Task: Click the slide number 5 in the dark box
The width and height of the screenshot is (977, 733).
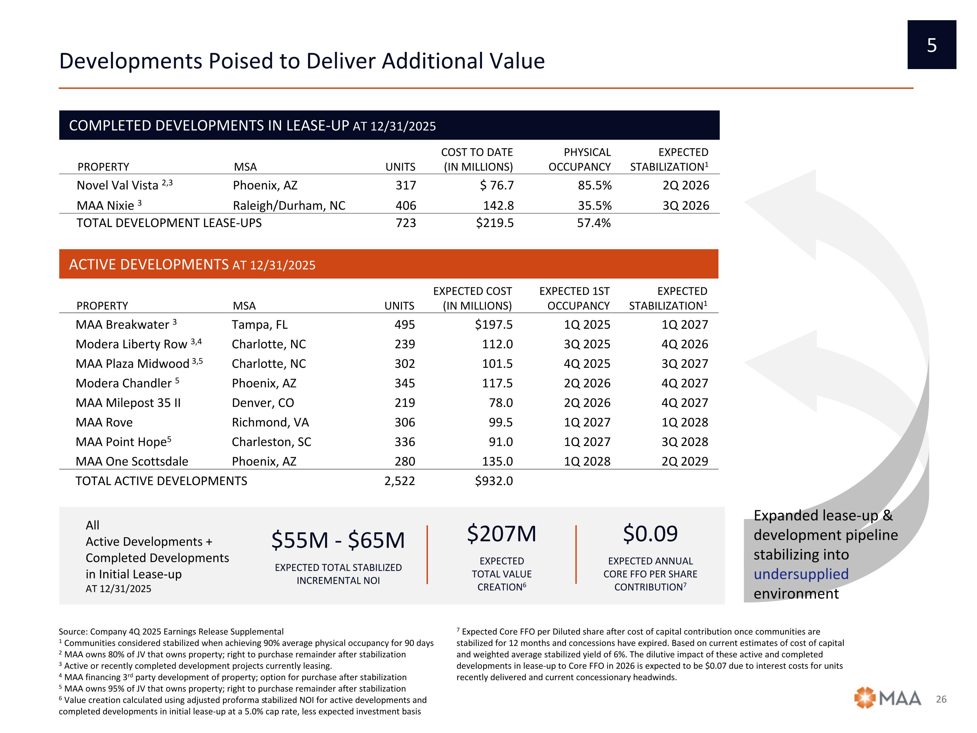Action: [931, 45]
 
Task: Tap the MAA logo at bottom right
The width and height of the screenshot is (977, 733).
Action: [887, 698]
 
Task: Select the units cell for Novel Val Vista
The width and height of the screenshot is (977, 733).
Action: [405, 185]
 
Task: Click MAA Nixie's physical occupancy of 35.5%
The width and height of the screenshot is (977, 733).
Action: [594, 206]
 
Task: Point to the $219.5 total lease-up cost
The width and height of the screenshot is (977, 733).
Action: [495, 223]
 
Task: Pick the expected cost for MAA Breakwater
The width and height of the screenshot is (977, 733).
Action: [493, 325]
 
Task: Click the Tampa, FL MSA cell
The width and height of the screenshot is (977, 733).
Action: [260, 325]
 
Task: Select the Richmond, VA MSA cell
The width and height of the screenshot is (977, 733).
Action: [270, 423]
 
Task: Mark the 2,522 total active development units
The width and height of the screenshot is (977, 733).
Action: [399, 481]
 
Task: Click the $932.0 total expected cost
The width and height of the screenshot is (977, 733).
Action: [493, 481]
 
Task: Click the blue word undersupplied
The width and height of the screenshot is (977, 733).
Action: [801, 574]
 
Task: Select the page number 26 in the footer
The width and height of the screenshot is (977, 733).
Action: [941, 699]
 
